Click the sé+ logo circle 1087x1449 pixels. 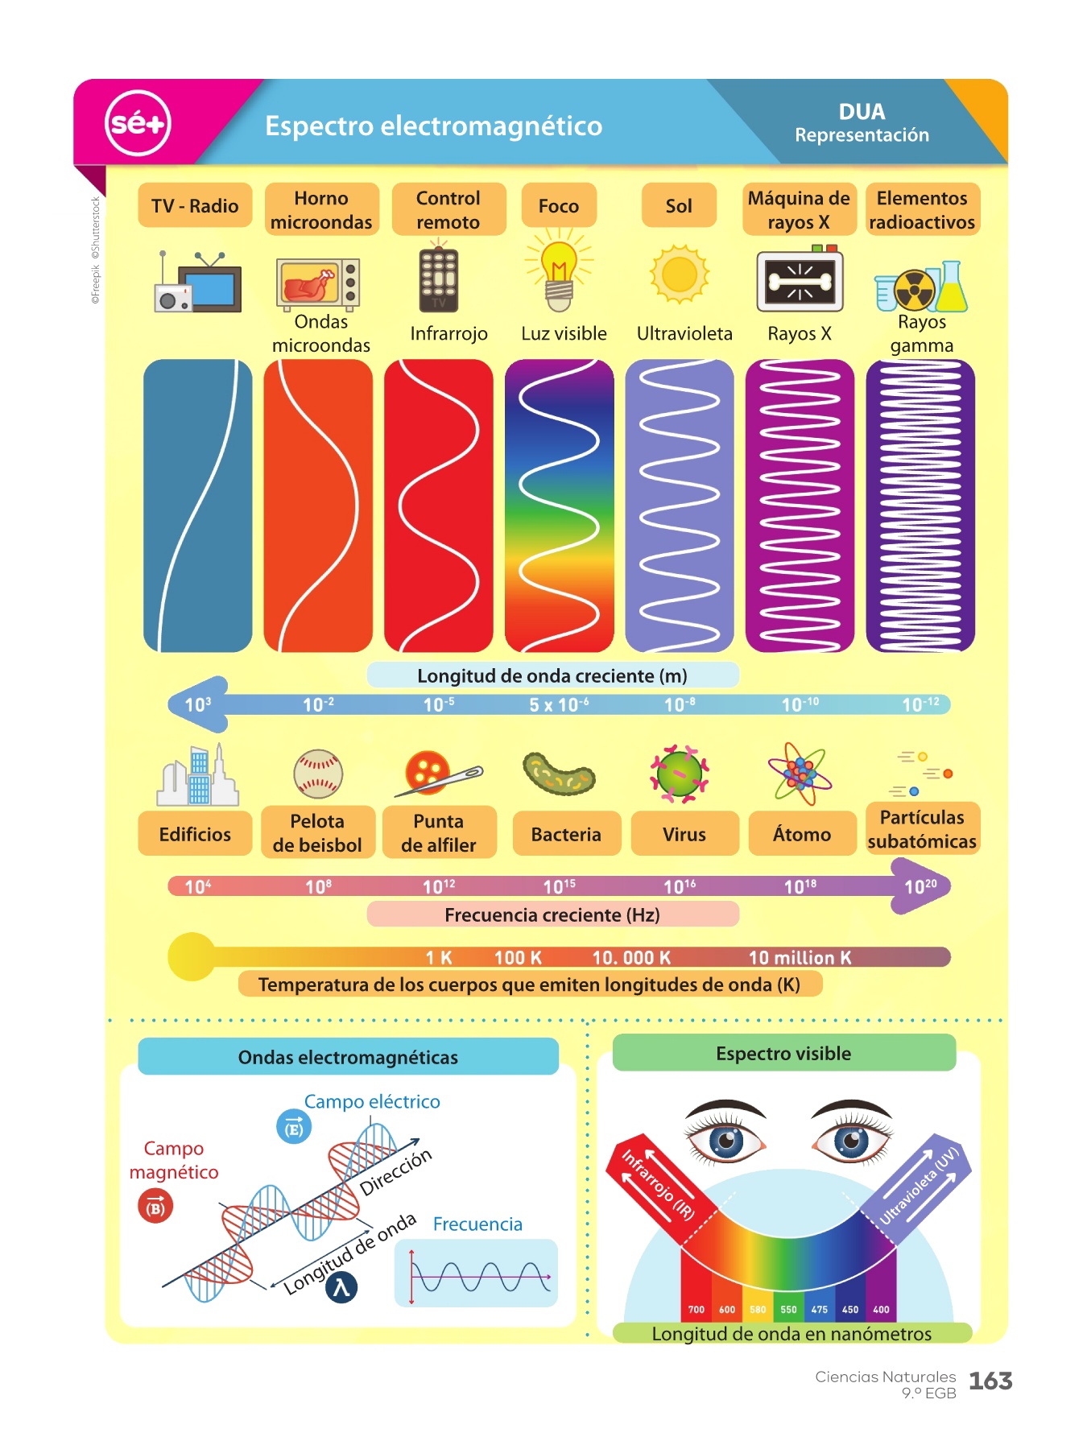pyautogui.click(x=138, y=123)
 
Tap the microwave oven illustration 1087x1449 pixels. pyautogui.click(x=318, y=284)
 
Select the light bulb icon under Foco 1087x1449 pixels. pyautogui.click(x=559, y=271)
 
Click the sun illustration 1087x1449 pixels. pyautogui.click(x=680, y=274)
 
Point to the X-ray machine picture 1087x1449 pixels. pyautogui.click(x=800, y=279)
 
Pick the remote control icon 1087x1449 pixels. pyautogui.click(x=439, y=278)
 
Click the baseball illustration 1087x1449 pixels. pyautogui.click(x=318, y=774)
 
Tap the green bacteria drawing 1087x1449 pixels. pyautogui.click(x=559, y=774)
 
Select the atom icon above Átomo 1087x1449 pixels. pyautogui.click(x=800, y=774)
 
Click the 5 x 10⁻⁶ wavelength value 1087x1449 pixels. pyautogui.click(x=559, y=704)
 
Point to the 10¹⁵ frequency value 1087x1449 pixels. pyautogui.click(x=559, y=886)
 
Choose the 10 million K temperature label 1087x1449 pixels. pyautogui.click(x=800, y=957)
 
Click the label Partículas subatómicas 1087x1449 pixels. pyautogui.click(x=922, y=829)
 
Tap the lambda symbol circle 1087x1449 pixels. pyautogui.click(x=341, y=1287)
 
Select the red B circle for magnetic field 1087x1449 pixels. pyautogui.click(x=155, y=1207)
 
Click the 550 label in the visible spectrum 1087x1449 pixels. pyautogui.click(x=788, y=1310)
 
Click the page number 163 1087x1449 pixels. pyautogui.click(x=990, y=1381)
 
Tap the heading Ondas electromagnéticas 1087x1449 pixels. pyautogui.click(x=348, y=1057)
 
